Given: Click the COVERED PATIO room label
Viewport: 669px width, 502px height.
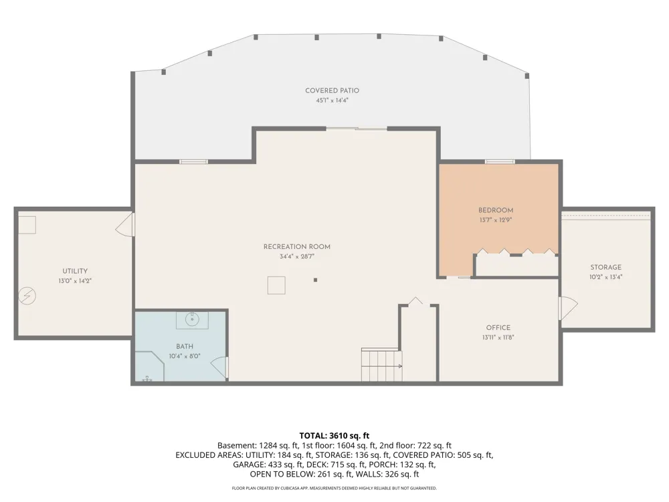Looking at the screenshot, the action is (332, 90).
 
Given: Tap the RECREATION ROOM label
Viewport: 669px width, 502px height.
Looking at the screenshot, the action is (297, 247).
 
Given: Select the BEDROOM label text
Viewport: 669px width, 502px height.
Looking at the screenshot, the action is (495, 210).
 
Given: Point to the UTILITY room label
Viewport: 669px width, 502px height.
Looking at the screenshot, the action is (75, 271).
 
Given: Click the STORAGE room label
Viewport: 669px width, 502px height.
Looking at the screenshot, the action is (606, 267).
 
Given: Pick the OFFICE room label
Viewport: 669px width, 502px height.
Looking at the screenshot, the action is (498, 328).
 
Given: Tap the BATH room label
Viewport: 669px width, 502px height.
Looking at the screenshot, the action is (185, 347).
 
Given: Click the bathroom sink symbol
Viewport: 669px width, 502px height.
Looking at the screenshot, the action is (193, 319).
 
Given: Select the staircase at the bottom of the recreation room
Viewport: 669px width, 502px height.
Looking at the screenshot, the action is (382, 365).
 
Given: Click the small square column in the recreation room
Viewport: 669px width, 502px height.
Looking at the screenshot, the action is (315, 280).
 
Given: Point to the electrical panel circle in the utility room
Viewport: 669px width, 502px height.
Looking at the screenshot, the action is (27, 296).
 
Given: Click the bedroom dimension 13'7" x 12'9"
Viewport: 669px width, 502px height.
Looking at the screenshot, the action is (495, 220).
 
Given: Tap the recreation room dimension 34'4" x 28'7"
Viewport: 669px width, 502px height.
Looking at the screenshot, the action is (297, 256).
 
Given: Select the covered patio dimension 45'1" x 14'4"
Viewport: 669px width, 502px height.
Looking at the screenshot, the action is (332, 101).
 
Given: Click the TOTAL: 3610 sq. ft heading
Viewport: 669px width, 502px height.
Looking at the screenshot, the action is (334, 436).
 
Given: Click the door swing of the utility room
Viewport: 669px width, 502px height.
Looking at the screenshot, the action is (125, 224).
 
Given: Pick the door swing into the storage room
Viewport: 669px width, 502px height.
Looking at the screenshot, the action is (568, 308).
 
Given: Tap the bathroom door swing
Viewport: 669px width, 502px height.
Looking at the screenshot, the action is (219, 367).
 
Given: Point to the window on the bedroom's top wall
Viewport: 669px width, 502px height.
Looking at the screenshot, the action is (500, 161).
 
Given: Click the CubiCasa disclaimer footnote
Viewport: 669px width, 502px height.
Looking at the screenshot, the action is (334, 488).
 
